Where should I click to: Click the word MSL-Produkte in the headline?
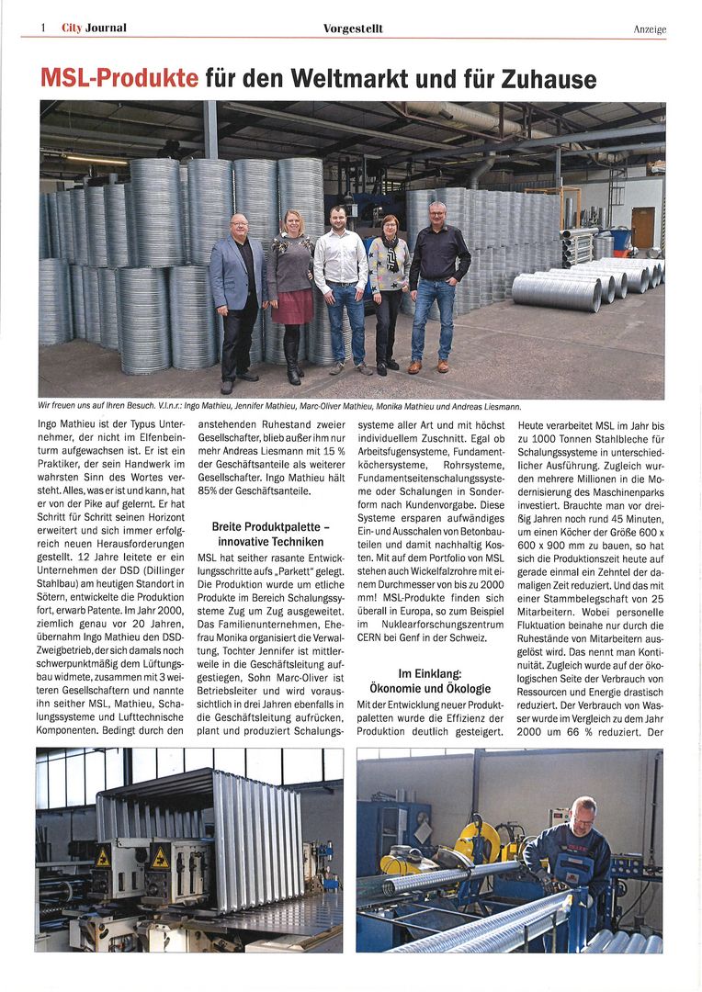[119, 78]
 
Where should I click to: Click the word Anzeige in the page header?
[650, 29]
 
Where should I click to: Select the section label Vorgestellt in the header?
[353, 28]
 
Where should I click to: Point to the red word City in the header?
[72, 28]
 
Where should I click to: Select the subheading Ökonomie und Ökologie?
[430, 688]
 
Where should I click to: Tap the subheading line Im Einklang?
[430, 673]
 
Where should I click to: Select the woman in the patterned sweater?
[388, 276]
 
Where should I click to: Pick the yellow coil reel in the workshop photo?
[478, 841]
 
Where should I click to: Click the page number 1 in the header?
[42, 28]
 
